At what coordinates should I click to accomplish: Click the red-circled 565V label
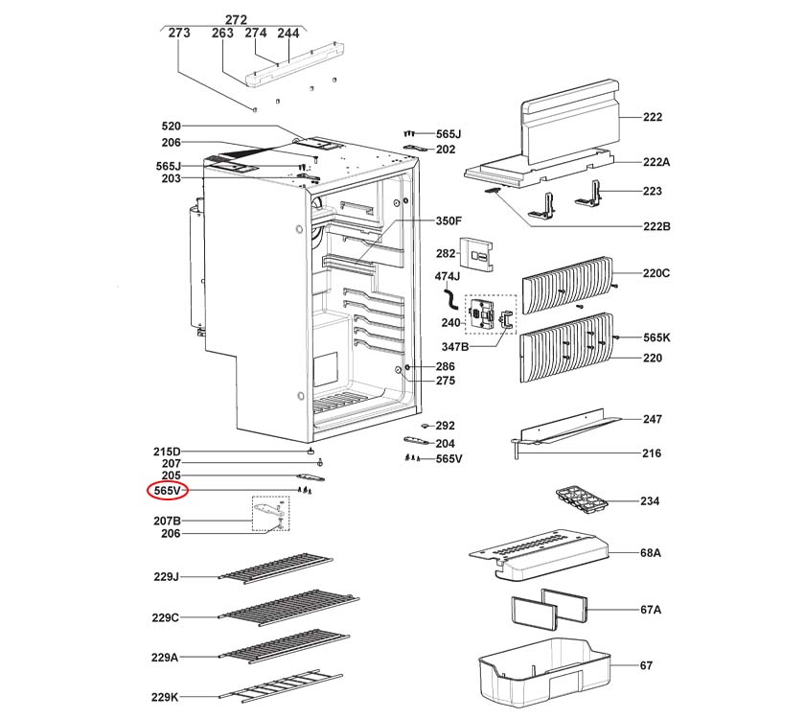pyautogui.click(x=167, y=490)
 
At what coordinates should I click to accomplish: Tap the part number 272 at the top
pyautogui.click(x=236, y=19)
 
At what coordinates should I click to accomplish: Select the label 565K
pyautogui.click(x=656, y=337)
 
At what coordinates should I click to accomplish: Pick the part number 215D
pyautogui.click(x=167, y=451)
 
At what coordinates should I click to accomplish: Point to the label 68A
pyautogui.click(x=651, y=553)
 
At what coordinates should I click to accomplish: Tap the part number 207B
pyautogui.click(x=167, y=521)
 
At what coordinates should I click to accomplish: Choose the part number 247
pyautogui.click(x=652, y=419)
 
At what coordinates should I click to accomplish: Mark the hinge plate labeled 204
pyautogui.click(x=415, y=442)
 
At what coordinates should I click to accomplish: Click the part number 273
pyautogui.click(x=178, y=33)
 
